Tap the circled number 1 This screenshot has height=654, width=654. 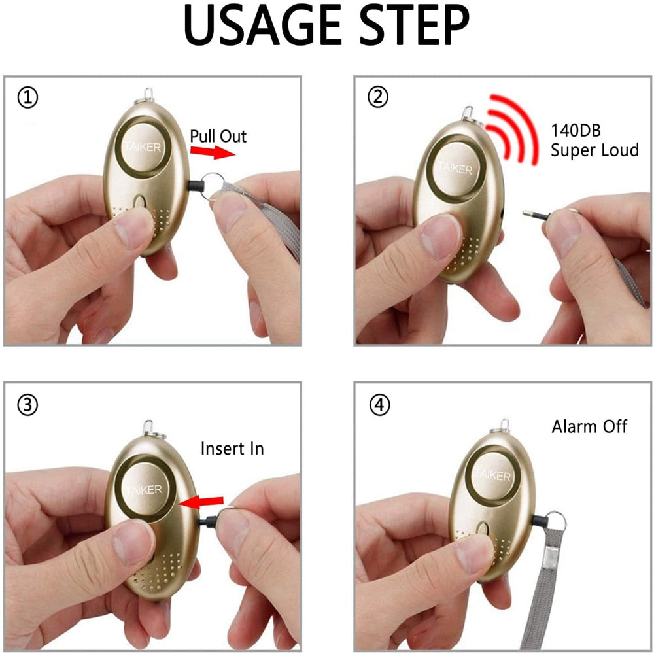click(x=27, y=98)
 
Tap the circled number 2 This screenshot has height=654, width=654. click(x=377, y=97)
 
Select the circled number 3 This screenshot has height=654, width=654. click(x=27, y=405)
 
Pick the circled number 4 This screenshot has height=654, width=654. click(x=379, y=405)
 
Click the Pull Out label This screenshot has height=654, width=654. click(x=218, y=136)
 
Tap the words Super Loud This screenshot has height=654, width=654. click(x=594, y=150)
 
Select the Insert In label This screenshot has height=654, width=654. click(x=232, y=449)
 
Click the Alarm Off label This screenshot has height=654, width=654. click(x=589, y=427)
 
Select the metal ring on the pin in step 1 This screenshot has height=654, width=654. click(x=213, y=184)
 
